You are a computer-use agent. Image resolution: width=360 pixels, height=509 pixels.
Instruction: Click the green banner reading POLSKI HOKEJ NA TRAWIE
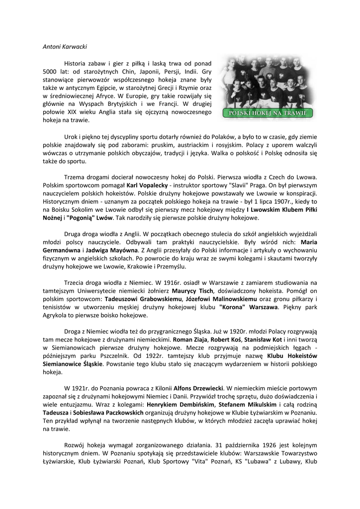(269, 113)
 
